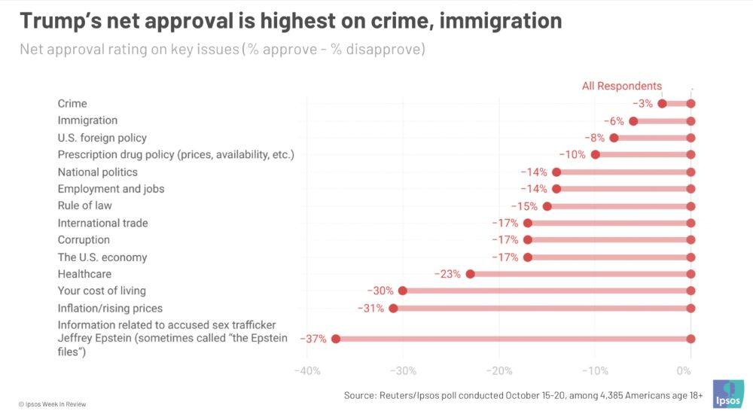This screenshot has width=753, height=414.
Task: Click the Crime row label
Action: pos(72,104)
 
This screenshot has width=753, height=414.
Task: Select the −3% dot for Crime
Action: pos(662,104)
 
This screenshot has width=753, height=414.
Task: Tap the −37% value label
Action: pos(313,339)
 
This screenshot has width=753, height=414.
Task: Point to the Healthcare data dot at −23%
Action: pos(470,274)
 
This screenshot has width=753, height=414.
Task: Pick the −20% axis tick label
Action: pos(498,371)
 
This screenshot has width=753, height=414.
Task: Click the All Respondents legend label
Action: pos(622,86)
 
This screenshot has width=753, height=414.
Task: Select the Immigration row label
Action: pos(87,120)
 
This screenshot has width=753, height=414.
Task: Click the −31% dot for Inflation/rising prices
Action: pos(393,308)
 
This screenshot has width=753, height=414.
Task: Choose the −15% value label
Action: pos(525,206)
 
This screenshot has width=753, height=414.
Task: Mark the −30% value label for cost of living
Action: pos(380,291)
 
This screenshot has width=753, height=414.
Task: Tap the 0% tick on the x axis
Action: pos(684,371)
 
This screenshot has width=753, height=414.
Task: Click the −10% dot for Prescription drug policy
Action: pos(595,154)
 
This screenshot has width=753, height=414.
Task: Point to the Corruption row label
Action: pos(84,240)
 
